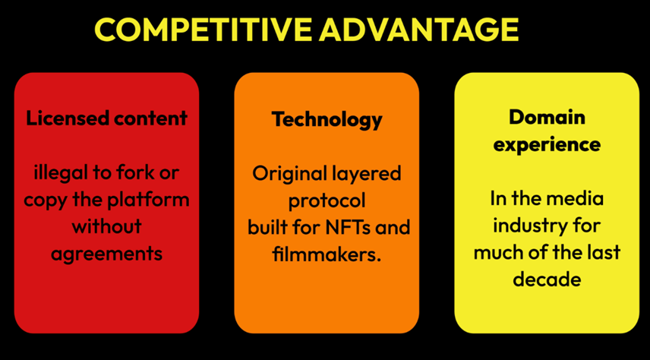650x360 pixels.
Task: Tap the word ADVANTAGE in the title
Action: click(419, 29)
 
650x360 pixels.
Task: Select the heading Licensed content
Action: click(106, 118)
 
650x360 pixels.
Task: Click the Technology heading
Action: click(327, 120)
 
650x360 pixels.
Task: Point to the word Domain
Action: click(547, 118)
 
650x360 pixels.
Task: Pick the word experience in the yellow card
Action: click(547, 145)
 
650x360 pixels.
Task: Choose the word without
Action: click(106, 226)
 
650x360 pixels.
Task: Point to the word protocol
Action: click(327, 201)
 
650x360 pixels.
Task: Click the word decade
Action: click(547, 279)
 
